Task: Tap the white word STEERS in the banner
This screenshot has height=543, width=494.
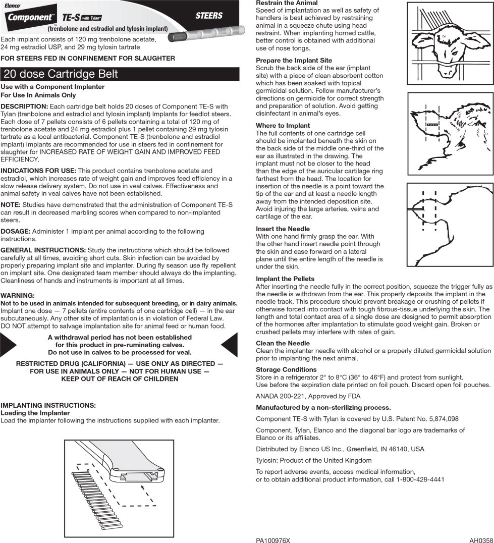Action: pos(209,15)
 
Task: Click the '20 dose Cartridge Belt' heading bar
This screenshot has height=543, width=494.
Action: pos(120,74)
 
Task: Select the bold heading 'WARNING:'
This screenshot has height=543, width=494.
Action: pos(18,295)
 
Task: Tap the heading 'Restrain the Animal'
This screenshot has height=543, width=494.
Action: pos(287,3)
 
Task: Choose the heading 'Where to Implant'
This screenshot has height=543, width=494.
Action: pos(283,126)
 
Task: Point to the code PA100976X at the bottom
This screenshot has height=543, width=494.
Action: pos(272,540)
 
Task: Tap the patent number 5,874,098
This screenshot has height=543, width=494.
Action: pos(441,419)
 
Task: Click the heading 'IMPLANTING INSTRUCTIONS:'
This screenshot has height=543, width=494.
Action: pos(48,405)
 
